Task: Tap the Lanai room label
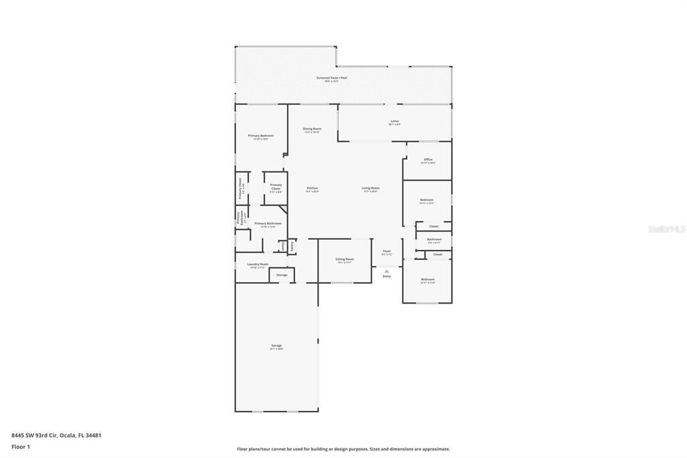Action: click(x=394, y=121)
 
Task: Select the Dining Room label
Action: click(x=312, y=129)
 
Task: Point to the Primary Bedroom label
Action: click(x=261, y=136)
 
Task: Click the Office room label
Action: click(x=427, y=160)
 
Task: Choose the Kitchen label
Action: click(x=312, y=188)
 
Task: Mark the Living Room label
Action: click(x=370, y=188)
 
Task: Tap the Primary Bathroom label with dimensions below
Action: click(x=268, y=223)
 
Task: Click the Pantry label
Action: click(x=293, y=246)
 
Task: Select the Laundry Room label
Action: click(x=258, y=264)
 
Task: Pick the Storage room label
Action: click(x=282, y=275)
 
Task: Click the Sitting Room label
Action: click(x=345, y=259)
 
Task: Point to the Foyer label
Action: click(x=386, y=251)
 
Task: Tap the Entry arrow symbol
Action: click(x=386, y=271)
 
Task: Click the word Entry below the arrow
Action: click(x=386, y=276)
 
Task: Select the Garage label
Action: click(x=276, y=345)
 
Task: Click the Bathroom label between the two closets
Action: click(x=434, y=239)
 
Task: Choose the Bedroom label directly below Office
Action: click(x=427, y=199)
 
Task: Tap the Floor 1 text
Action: click(x=21, y=446)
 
